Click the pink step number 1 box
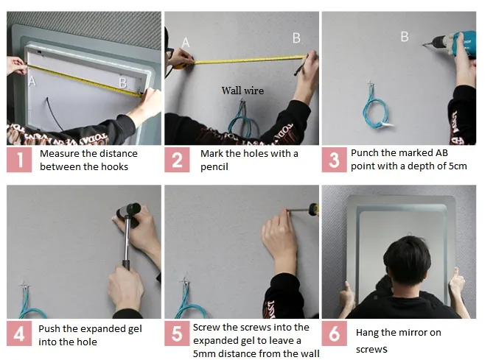(19, 160)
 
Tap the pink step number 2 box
(177, 160)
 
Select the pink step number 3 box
(335, 160)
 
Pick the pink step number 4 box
(19, 333)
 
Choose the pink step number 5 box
(177, 333)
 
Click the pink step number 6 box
(335, 333)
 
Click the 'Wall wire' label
(242, 91)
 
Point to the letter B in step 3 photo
(405, 37)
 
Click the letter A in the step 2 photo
(186, 43)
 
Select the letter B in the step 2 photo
(296, 38)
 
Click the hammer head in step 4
(129, 211)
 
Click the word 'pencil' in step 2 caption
(214, 167)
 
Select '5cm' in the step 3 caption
(458, 166)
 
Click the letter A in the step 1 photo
(32, 81)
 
